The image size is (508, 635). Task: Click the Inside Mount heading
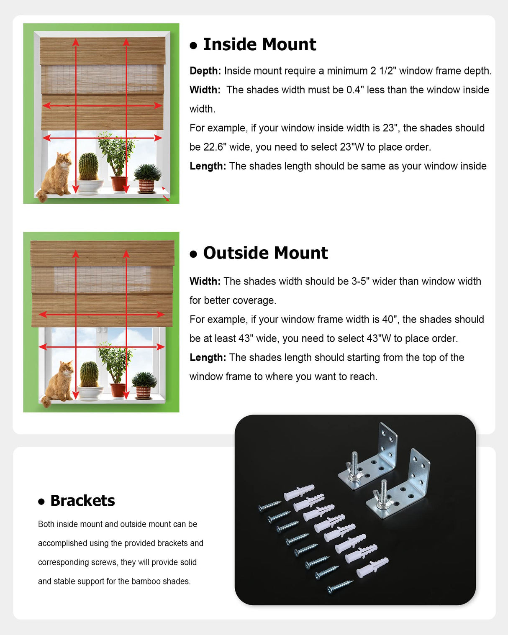point(259,44)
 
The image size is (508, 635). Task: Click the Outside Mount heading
point(265,253)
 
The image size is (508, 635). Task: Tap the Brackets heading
point(82,501)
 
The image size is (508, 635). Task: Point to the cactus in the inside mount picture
point(88,167)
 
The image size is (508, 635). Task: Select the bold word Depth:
point(205,71)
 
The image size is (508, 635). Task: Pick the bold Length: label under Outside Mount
point(208,358)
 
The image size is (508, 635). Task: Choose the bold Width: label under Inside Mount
point(205,90)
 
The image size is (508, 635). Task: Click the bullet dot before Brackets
point(41,502)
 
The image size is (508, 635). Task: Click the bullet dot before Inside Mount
point(193,46)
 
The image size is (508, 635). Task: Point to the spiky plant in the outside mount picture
point(144,381)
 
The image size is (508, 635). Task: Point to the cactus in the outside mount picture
point(89,375)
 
